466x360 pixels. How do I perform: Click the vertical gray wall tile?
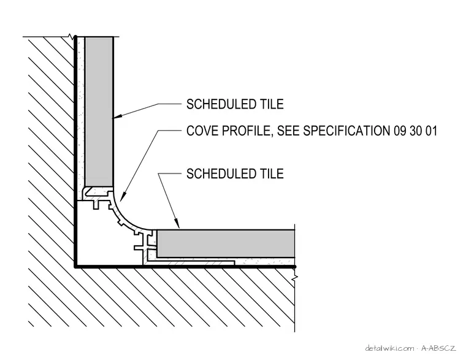tap(99, 112)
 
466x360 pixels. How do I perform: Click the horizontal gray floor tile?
tap(226, 243)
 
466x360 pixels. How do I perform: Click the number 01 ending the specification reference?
tap(431, 131)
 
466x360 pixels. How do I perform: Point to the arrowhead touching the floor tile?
tap(177, 223)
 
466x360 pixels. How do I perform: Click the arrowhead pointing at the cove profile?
tap(123, 196)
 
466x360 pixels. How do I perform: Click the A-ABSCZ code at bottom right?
tap(438, 348)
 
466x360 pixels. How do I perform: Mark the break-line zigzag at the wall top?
tap(71, 37)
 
